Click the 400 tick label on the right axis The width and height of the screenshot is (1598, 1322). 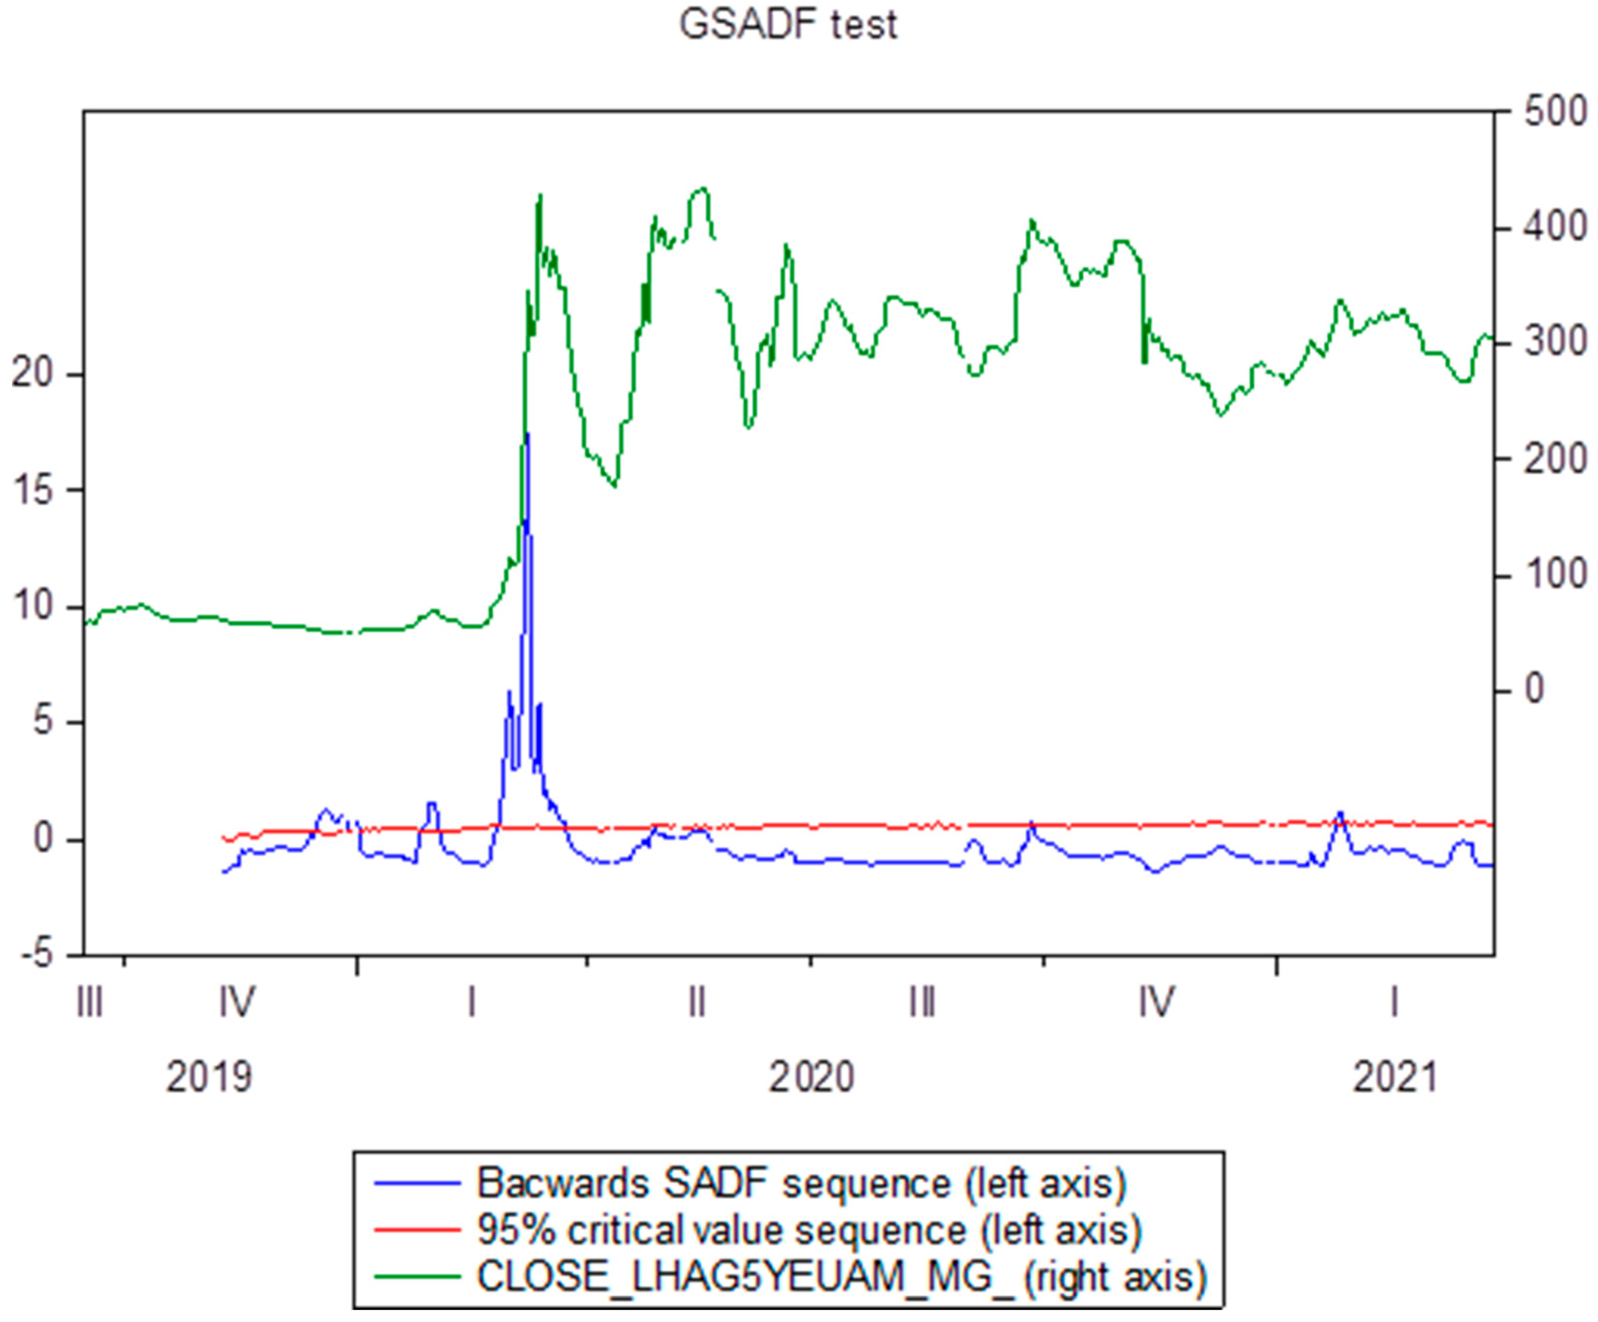[1555, 228]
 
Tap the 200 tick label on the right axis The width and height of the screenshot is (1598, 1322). [1555, 459]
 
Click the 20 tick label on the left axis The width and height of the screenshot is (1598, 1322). [32, 374]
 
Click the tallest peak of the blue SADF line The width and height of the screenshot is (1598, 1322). [526, 434]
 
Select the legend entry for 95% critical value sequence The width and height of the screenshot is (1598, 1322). [809, 1230]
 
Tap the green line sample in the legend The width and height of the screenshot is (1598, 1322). [418, 1276]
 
